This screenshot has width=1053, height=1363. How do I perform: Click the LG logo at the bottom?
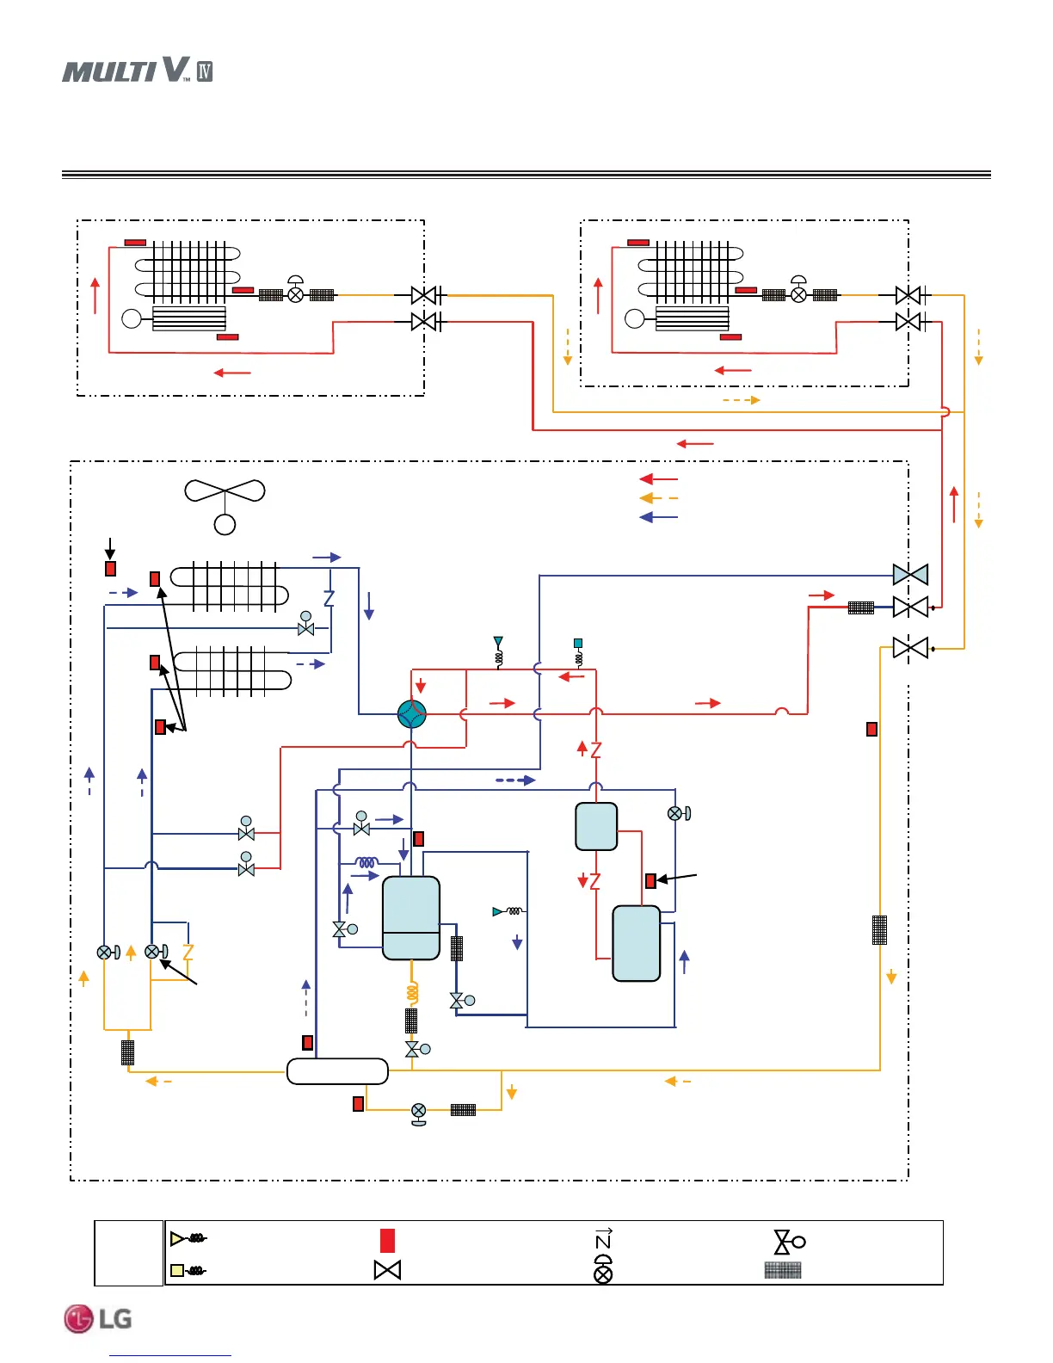tap(97, 1318)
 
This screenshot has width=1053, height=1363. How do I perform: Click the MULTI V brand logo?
tap(138, 71)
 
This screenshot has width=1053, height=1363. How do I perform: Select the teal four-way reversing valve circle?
tap(412, 713)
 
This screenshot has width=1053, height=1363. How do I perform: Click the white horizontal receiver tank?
tap(337, 1071)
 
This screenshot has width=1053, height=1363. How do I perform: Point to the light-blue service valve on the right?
tap(910, 575)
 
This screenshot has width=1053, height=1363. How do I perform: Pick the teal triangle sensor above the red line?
tap(498, 642)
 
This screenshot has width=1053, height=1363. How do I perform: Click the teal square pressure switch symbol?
tap(578, 643)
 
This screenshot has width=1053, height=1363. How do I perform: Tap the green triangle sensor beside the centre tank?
tap(497, 911)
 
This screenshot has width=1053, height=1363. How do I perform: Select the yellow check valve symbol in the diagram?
tap(188, 952)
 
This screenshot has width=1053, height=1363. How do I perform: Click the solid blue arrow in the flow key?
tap(658, 517)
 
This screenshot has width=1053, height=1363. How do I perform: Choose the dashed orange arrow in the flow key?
tap(658, 498)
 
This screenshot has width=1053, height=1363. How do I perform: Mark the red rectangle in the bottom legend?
tap(387, 1241)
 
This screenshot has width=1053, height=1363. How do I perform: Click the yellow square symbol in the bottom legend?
tap(177, 1270)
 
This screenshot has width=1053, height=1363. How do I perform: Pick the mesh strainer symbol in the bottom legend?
tap(783, 1270)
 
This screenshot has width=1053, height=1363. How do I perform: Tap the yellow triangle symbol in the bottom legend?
tap(177, 1239)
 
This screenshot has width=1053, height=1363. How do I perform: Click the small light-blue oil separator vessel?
tap(596, 826)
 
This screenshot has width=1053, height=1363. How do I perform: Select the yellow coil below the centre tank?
tap(412, 993)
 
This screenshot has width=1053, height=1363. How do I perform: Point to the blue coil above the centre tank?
tap(367, 862)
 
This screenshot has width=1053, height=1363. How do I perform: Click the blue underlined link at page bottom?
tap(170, 1355)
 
